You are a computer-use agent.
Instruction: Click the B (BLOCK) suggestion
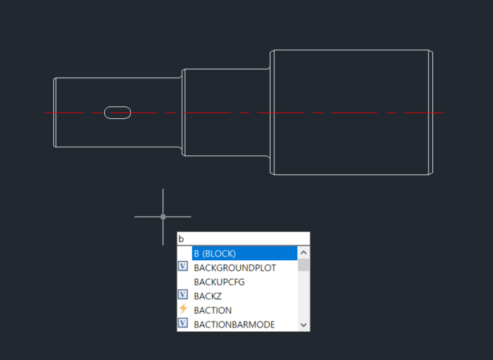214,253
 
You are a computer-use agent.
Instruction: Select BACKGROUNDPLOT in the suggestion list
234,268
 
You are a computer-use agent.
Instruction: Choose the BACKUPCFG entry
219,282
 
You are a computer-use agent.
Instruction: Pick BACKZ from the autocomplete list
208,296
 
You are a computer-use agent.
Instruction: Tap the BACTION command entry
212,310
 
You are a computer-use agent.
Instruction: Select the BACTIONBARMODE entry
234,324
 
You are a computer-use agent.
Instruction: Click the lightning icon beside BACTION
183,310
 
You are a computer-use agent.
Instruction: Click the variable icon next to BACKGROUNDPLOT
183,267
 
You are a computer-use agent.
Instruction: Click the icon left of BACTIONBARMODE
183,324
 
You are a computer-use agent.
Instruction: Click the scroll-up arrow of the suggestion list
304,253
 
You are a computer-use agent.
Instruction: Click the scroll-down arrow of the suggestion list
304,325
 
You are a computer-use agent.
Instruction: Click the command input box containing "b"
243,239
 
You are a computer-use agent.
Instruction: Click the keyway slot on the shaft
118,112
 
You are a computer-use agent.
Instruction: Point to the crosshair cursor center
163,217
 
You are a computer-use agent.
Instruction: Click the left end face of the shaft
54,112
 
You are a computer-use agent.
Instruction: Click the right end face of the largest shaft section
432,112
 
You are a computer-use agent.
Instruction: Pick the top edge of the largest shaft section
351,50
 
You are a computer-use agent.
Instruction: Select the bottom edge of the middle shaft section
225,156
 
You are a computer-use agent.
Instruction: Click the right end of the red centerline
442,112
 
